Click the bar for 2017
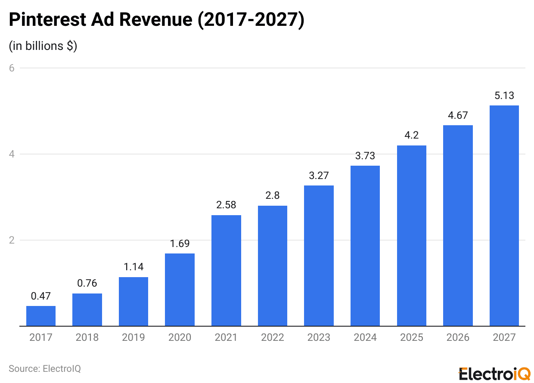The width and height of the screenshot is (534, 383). [x=41, y=316]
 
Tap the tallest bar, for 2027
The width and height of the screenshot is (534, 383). [x=504, y=215]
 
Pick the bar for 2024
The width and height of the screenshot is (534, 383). [x=365, y=245]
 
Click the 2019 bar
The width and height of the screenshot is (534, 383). [x=133, y=301]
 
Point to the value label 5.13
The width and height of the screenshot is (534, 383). [x=504, y=96]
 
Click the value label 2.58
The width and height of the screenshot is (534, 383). [x=226, y=205]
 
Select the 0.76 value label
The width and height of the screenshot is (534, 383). [x=87, y=283]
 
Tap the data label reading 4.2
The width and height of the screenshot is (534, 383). [x=411, y=135]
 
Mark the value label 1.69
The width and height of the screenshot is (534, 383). [x=180, y=244]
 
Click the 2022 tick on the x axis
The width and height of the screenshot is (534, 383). [x=272, y=337]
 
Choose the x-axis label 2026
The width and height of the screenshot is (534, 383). [x=458, y=337]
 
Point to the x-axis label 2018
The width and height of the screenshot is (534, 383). [x=87, y=337]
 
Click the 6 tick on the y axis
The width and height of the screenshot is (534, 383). [x=12, y=68]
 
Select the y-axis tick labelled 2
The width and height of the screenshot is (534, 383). [x=12, y=240]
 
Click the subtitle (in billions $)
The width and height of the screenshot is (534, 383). [x=43, y=46]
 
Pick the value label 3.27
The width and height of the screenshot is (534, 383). [x=319, y=176]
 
